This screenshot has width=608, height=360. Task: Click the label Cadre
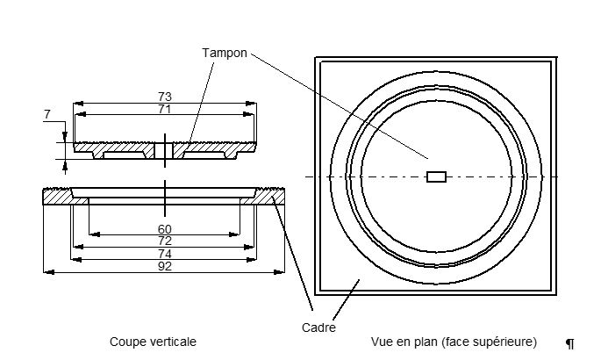318,328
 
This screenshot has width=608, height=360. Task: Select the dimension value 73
165,96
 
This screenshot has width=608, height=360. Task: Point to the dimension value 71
165,109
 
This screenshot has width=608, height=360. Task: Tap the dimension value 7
46,114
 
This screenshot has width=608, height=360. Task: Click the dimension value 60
165,229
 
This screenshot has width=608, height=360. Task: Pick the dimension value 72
165,241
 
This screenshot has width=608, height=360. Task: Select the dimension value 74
165,254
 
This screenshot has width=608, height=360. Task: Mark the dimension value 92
165,266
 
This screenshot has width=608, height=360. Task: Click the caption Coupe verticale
153,342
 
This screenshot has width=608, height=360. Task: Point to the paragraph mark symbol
569,344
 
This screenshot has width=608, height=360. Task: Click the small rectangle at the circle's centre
436,176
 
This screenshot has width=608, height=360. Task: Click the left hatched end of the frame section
58,197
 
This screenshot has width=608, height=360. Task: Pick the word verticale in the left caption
172,342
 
